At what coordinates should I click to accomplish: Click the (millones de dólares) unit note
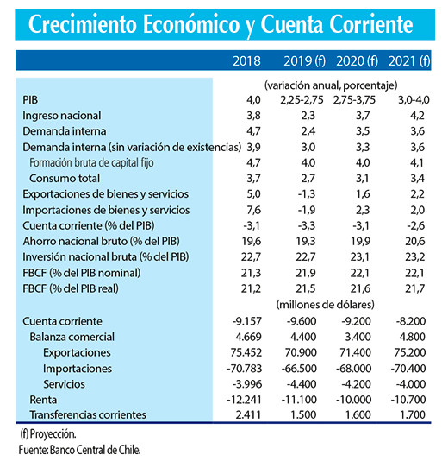330,305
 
